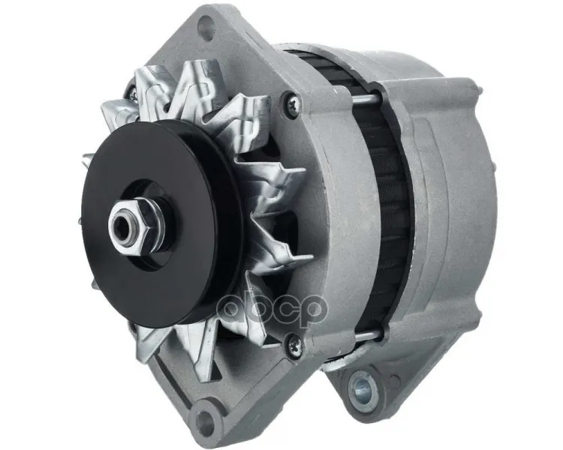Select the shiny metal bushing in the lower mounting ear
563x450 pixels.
(x=363, y=388)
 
